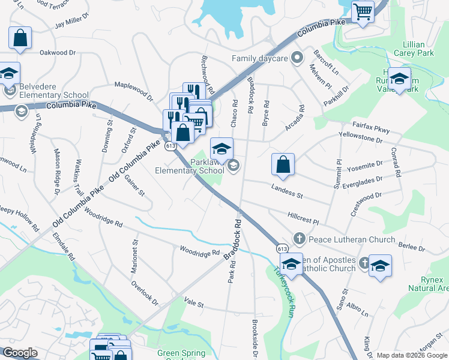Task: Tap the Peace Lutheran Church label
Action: click(x=343, y=239)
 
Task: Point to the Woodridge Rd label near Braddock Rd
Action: click(x=199, y=250)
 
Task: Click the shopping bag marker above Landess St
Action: click(x=282, y=164)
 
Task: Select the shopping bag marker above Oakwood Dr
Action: click(x=20, y=37)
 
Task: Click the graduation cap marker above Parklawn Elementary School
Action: click(x=221, y=148)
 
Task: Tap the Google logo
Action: click(x=19, y=353)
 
